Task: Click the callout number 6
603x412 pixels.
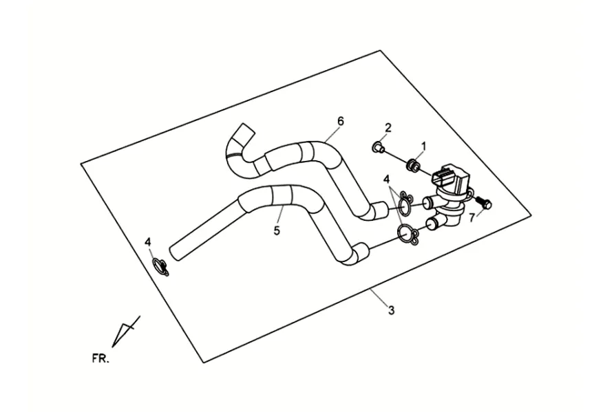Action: click(x=340, y=121)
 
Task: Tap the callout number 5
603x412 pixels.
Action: click(x=277, y=230)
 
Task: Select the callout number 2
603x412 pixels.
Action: click(x=388, y=128)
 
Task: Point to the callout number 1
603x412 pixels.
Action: click(x=423, y=146)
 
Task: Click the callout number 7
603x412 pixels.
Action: click(x=472, y=218)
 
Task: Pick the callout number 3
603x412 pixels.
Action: click(x=391, y=310)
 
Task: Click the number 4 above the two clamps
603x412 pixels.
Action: click(x=386, y=179)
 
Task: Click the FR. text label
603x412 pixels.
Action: click(x=100, y=358)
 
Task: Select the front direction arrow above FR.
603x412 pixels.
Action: click(x=126, y=332)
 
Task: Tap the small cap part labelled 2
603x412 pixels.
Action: click(x=378, y=147)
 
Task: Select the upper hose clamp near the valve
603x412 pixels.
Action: click(x=405, y=202)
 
